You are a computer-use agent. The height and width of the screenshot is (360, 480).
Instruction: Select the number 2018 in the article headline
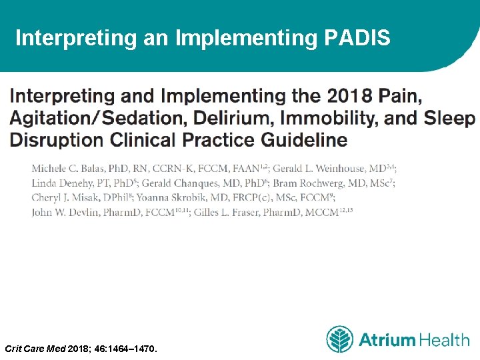point(348,96)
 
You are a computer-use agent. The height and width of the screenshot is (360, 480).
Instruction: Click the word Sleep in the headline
point(451,119)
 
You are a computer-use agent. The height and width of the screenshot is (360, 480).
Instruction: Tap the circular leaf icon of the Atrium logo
point(339,339)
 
